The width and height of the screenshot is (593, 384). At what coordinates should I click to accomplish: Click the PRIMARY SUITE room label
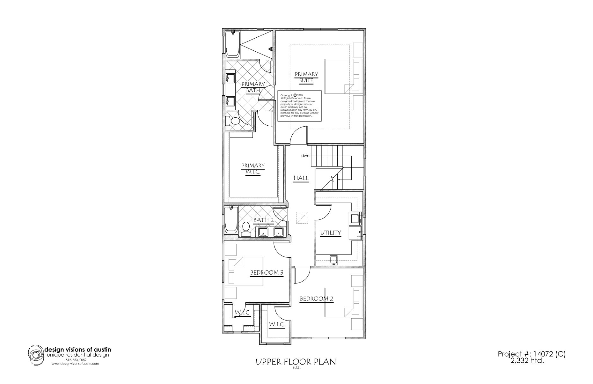coord(306,78)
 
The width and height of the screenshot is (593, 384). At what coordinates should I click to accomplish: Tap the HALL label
coord(301,178)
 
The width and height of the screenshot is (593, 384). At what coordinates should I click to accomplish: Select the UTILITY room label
coord(331,233)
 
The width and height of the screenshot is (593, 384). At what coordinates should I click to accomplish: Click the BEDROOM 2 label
coord(317,299)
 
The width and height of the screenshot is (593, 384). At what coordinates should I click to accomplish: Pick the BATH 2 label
coord(263,220)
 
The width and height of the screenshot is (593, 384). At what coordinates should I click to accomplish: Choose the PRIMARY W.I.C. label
coord(253,169)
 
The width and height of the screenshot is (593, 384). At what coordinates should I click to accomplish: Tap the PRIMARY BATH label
coord(253,87)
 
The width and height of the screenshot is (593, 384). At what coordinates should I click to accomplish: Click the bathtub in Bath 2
coord(231,220)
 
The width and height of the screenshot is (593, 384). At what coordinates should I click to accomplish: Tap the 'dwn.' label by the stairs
coord(306,156)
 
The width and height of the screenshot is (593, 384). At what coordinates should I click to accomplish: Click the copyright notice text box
coord(299,106)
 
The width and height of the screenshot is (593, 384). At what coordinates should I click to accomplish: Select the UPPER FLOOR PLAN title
coord(296,362)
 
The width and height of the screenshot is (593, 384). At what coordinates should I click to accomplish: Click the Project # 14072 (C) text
coord(531,354)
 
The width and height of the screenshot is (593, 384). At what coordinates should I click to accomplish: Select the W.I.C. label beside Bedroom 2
coord(276,325)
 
